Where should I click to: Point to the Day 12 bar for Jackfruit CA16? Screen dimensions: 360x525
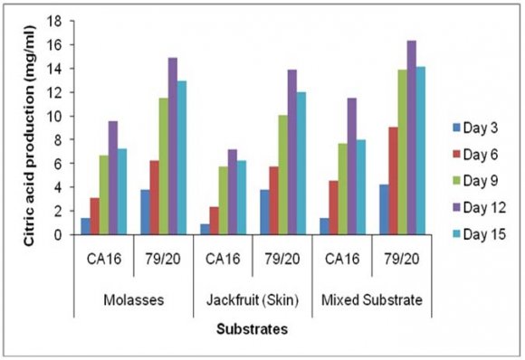point(233,192)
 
